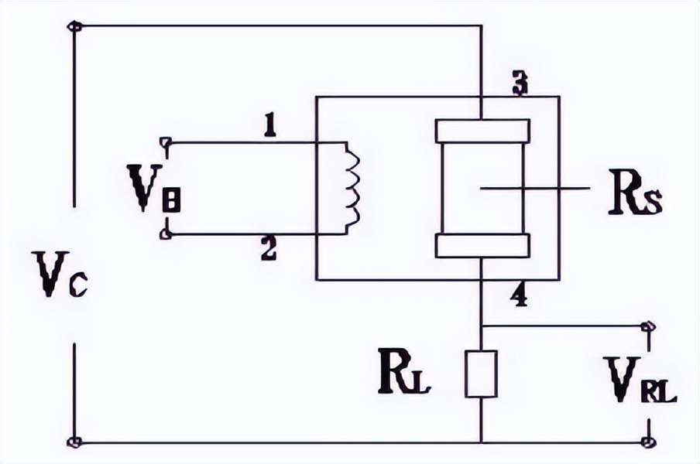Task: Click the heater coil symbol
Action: [352, 187]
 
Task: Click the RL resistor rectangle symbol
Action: [481, 374]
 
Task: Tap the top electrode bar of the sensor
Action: [482, 131]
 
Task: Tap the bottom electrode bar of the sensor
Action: [482, 245]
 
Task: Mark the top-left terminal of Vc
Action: [75, 27]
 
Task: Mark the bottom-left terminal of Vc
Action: [75, 443]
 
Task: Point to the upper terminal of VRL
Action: [647, 326]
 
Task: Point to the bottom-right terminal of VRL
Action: [647, 443]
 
